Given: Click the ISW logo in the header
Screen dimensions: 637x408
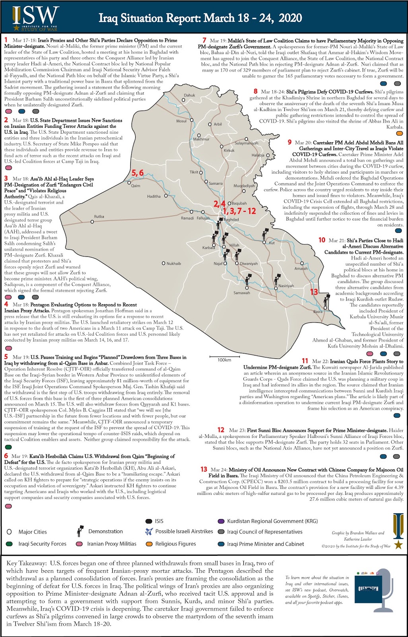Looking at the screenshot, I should pos(36,18).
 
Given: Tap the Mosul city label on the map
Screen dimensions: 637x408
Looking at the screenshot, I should pos(181,121).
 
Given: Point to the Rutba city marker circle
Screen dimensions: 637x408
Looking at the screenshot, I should pos(92,222).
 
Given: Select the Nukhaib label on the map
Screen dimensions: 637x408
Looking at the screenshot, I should pos(174,264).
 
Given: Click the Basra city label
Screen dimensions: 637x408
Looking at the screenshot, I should pos(318,311).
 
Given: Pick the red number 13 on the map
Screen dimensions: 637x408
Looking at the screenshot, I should pos(314,292).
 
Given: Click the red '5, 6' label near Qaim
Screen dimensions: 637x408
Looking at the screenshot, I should pos(138,173).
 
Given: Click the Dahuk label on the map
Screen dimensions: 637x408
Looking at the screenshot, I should pos(189,96).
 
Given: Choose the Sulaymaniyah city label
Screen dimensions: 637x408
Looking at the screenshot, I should pos(246,143).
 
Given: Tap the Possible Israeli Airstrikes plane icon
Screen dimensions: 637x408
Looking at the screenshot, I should pos(149,531).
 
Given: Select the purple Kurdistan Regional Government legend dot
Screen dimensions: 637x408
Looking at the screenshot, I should pos(221,521).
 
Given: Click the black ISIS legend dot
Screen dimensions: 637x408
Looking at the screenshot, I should pos(149,521).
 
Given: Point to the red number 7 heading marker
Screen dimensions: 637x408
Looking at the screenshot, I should pos(204,40).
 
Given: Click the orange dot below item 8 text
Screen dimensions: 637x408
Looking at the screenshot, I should pos(400,133).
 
